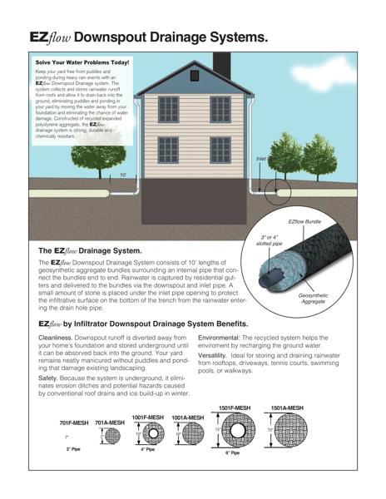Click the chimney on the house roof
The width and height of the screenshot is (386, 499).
222,62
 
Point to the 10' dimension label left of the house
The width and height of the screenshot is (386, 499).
123,175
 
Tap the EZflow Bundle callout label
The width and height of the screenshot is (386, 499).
304,222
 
